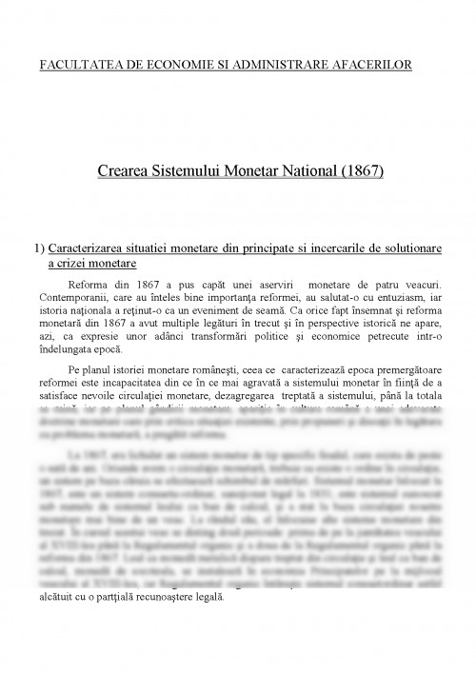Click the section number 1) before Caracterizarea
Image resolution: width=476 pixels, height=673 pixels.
pos(37,247)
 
